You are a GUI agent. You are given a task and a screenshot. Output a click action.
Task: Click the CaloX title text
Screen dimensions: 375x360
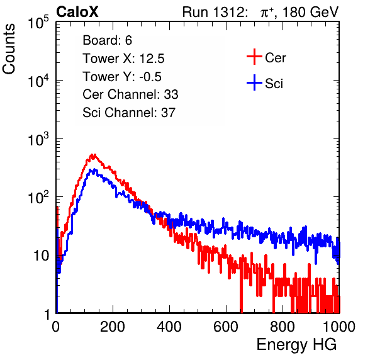77,12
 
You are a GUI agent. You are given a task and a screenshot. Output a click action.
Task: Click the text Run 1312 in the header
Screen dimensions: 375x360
213,12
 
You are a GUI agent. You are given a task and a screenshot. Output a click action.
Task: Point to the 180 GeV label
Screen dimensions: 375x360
310,12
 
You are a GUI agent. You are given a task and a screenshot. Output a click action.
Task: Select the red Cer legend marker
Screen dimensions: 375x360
254,57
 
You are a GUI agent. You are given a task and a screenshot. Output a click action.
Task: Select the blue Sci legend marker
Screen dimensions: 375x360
254,83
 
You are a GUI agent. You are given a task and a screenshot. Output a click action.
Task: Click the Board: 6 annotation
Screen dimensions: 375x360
107,40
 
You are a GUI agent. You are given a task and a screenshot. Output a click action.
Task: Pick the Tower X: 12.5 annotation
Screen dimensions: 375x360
123,59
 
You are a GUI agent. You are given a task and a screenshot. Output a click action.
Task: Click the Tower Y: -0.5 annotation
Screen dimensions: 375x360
122,77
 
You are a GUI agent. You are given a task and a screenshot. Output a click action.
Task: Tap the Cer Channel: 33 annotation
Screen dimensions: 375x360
130,94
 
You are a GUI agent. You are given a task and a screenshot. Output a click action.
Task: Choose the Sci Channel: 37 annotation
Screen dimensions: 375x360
129,113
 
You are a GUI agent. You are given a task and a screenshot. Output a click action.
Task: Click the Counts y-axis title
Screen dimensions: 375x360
9,49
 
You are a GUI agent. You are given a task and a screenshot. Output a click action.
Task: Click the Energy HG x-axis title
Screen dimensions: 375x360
296,345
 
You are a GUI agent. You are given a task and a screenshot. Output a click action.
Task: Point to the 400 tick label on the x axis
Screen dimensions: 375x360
169,327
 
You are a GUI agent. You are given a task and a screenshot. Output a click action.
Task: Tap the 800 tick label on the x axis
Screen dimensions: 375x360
283,327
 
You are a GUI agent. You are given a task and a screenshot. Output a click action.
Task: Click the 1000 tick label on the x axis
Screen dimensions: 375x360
339,327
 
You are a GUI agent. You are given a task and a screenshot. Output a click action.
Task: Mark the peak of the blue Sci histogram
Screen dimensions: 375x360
95,169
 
